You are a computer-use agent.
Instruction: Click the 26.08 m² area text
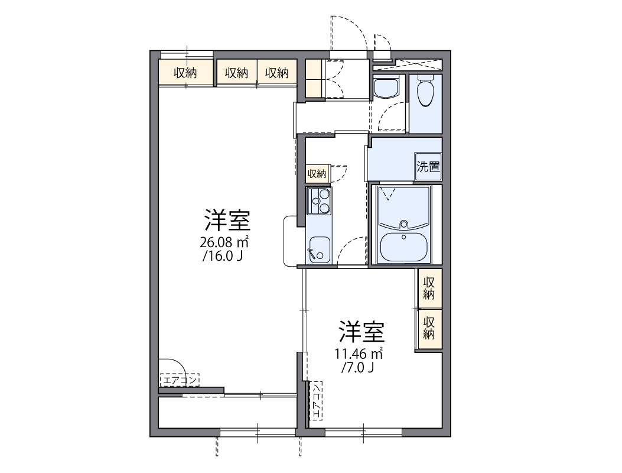[x=223, y=242]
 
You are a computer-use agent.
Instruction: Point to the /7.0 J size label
[x=358, y=368]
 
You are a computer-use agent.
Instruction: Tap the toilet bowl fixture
[x=425, y=92]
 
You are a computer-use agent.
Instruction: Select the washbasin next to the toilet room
[x=386, y=89]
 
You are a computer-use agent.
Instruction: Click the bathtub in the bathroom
[x=405, y=245]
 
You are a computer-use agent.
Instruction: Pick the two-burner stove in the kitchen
[x=319, y=201]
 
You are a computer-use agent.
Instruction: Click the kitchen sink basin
[x=319, y=248]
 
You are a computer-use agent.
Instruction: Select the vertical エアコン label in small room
[x=317, y=401]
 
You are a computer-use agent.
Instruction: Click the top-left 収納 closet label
[x=185, y=73]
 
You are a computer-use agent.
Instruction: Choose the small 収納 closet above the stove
[x=317, y=174]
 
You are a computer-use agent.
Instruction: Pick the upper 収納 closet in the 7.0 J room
[x=429, y=288]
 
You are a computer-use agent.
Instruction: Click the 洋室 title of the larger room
[x=227, y=221]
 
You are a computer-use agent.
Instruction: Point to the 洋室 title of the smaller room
[x=362, y=333]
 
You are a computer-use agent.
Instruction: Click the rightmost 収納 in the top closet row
[x=276, y=73]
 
